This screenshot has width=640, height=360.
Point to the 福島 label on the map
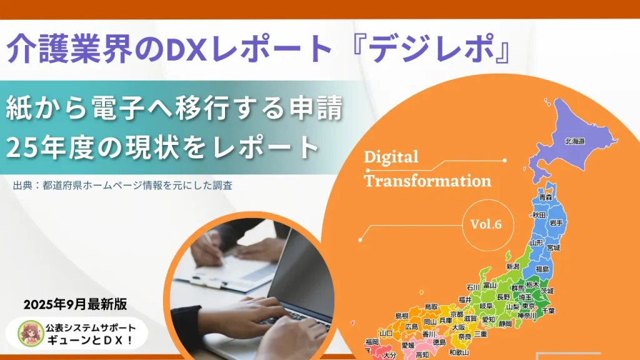click(542, 269)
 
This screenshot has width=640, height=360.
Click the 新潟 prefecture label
click(512, 266)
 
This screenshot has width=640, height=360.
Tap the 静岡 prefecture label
click(505, 324)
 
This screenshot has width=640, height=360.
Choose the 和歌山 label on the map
click(459, 352)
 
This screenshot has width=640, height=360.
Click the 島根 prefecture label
click(402, 316)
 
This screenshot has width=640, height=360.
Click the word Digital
click(391, 156)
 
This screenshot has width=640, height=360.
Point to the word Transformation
click(427, 181)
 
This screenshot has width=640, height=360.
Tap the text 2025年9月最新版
click(76, 304)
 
